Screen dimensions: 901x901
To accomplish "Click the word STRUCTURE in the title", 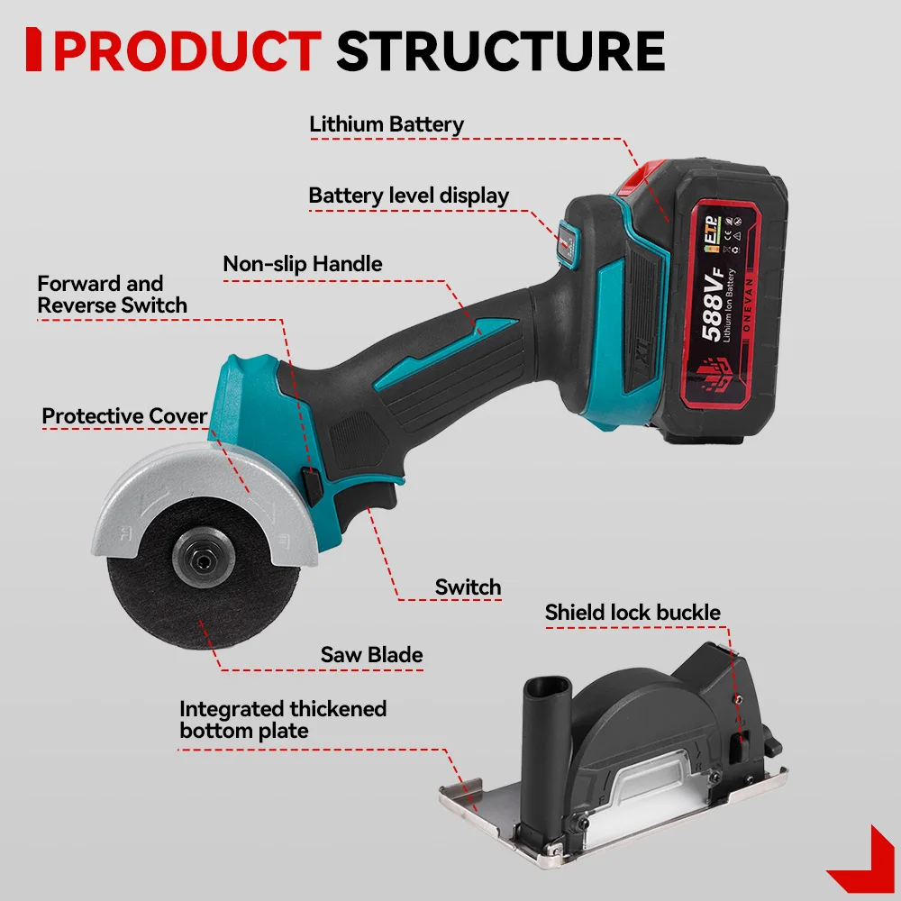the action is point(500,50).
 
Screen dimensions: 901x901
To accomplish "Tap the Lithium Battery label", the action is point(387,124).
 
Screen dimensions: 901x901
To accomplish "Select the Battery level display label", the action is point(408,196).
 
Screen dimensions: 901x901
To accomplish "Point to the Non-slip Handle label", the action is point(303,264).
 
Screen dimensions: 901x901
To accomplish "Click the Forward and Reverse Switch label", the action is point(112,295).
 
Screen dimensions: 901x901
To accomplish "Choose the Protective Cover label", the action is point(124,416).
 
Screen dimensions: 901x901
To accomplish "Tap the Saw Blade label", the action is point(371,654).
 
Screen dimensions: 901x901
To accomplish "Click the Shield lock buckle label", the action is point(633,614).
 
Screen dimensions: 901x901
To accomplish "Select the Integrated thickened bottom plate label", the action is point(282,719).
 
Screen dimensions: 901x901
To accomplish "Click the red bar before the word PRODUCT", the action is point(34,50).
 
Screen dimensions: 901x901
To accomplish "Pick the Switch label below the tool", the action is point(468,587).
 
